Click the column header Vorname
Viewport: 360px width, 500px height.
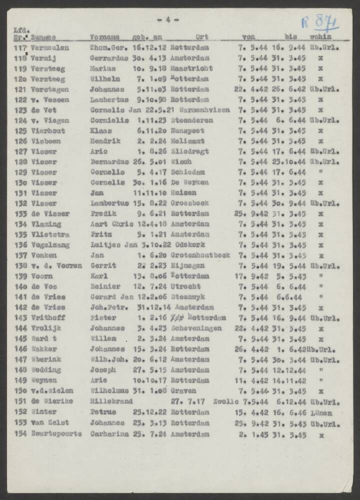tap(104, 37)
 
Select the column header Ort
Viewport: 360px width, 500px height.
tap(202, 37)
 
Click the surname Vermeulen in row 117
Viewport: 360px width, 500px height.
tap(49, 48)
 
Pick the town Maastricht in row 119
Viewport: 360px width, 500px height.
tap(191, 68)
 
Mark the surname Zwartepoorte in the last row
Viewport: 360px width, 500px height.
tap(56, 434)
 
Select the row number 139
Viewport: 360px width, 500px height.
tap(21, 276)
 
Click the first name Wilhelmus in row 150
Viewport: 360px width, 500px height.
tap(109, 391)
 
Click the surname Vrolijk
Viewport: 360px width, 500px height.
tap(45, 328)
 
